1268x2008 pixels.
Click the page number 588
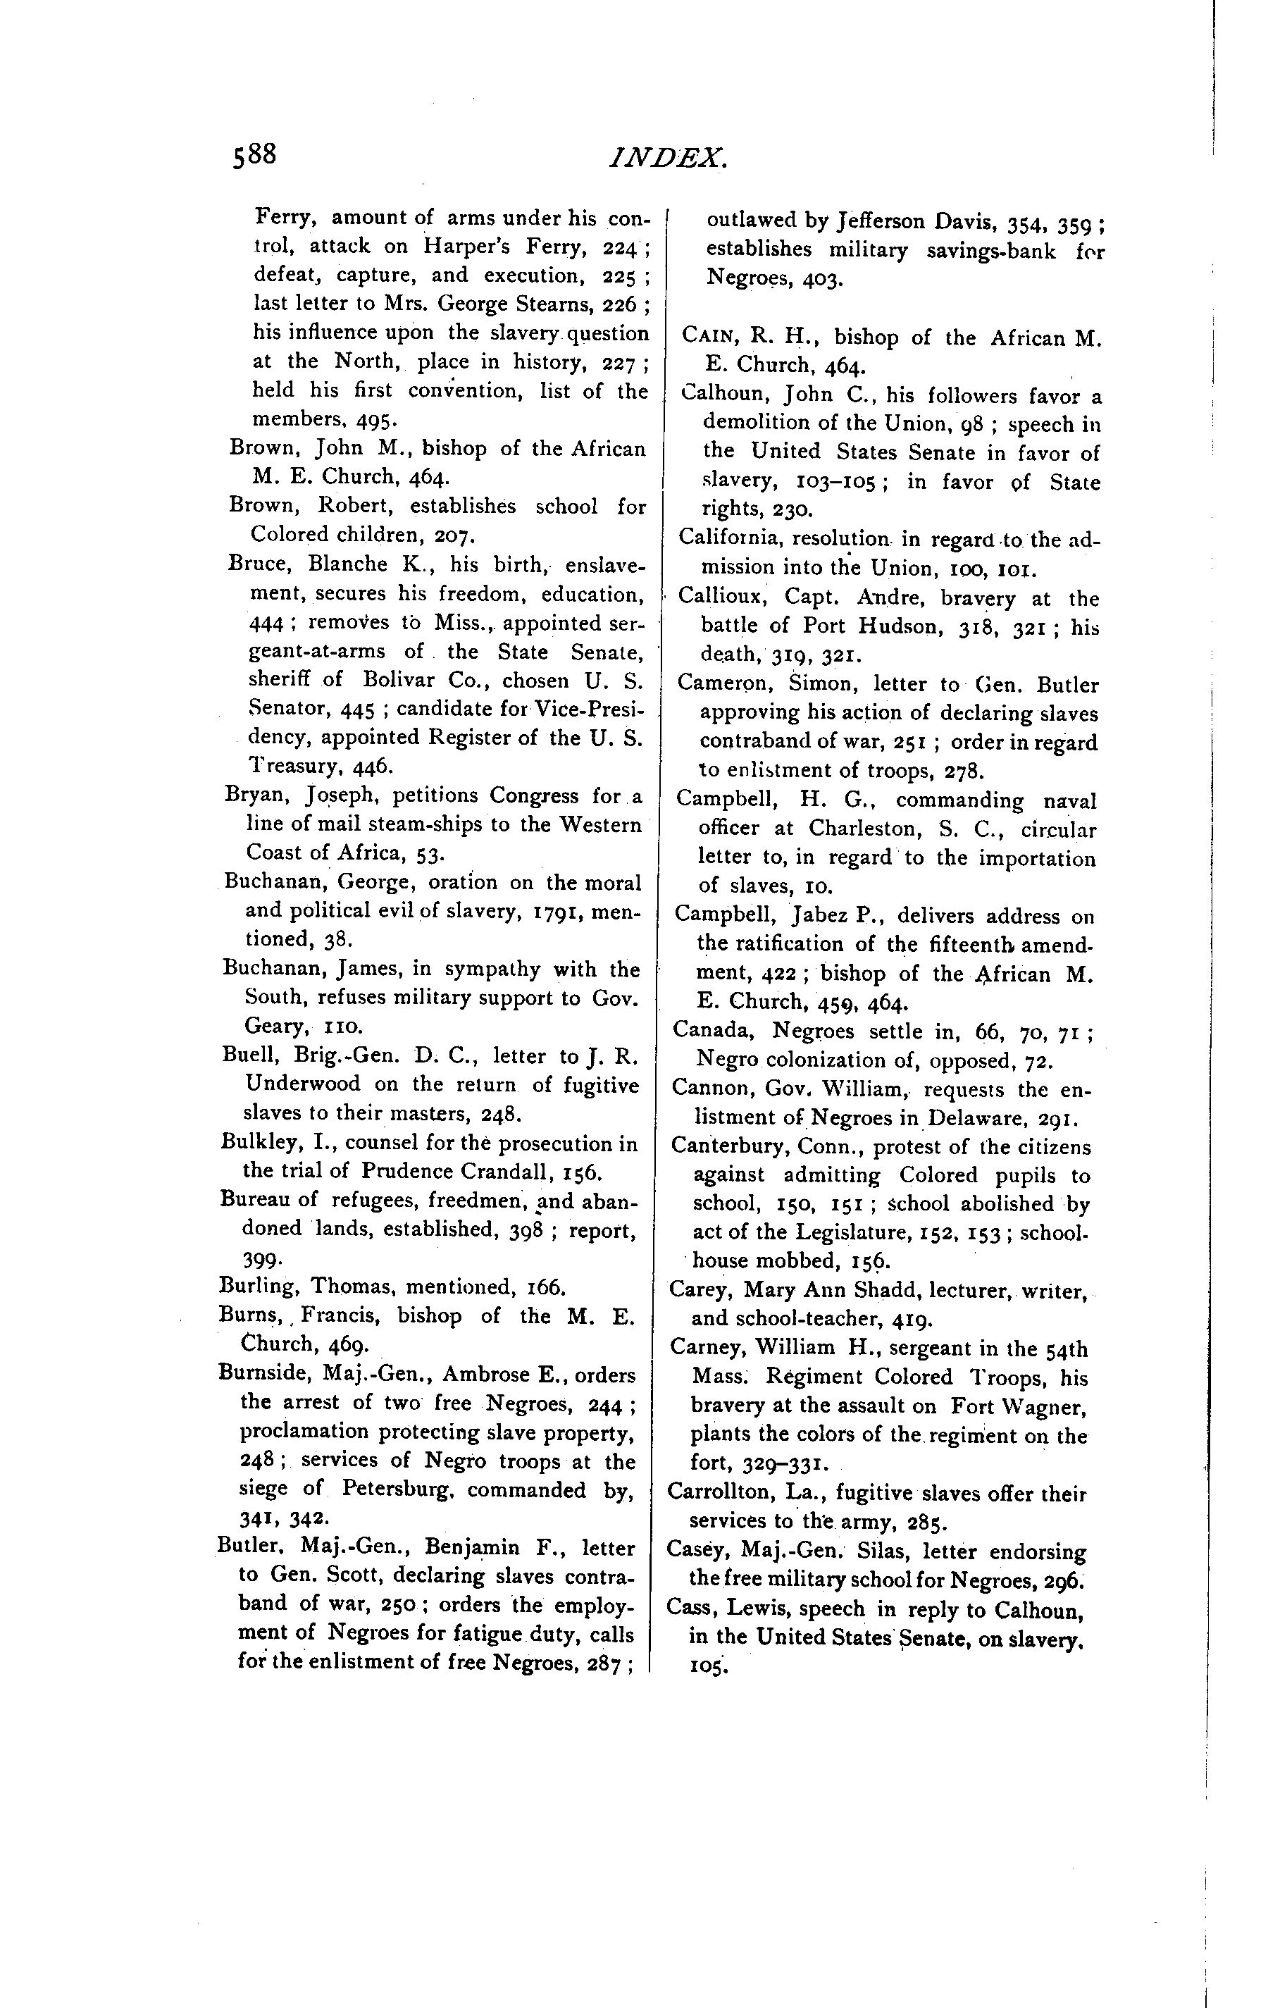click(x=254, y=155)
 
